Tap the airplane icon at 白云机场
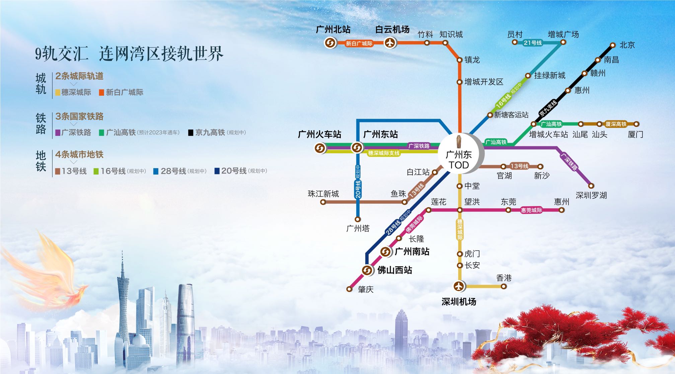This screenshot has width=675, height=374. tap(390, 43)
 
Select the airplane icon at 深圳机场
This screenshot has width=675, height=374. tap(459, 286)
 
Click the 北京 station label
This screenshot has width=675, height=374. tap(627, 45)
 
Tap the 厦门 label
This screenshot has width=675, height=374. tap(635, 134)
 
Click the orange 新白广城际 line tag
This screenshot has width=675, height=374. tap(359, 43)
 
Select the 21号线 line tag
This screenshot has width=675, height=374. tap(533, 42)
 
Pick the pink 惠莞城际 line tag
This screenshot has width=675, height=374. tap(531, 210)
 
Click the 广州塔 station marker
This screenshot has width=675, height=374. tap(358, 219)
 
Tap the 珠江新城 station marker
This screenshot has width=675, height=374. tap(323, 202)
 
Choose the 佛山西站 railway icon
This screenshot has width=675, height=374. tap(367, 270)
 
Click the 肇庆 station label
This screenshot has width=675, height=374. tap(365, 289)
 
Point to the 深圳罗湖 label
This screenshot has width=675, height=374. tap(591, 195)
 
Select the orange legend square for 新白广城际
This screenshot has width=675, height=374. tap(101, 93)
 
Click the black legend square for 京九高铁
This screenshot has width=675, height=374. tap(191, 133)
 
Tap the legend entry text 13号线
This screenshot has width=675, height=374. tap(74, 171)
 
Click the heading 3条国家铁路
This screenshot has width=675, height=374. tap(79, 116)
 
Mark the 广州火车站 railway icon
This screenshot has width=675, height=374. tap(320, 148)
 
